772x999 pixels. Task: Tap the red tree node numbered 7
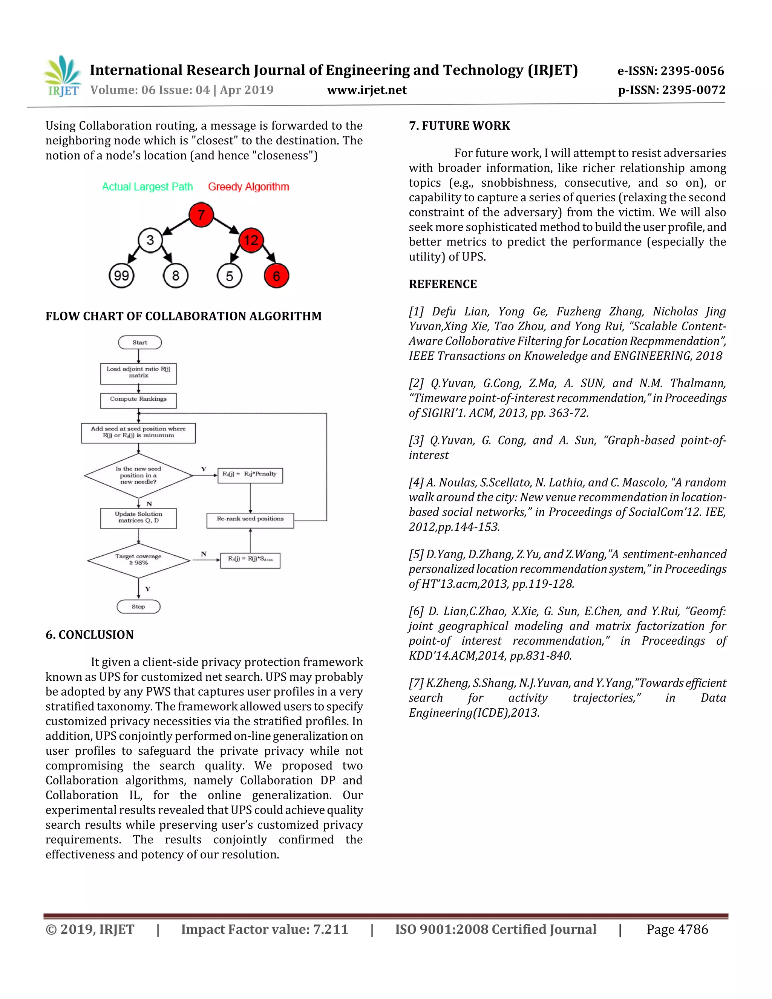pyautogui.click(x=201, y=214)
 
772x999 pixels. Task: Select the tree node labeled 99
pyautogui.click(x=121, y=276)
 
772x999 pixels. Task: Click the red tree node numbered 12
pyautogui.click(x=251, y=240)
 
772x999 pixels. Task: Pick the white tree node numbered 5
pyautogui.click(x=229, y=276)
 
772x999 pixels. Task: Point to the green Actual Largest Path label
pyautogui.click(x=147, y=187)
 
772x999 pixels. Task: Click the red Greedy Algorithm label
pyautogui.click(x=248, y=187)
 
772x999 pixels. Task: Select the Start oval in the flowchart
pyautogui.click(x=139, y=342)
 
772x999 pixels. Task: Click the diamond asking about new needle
pyautogui.click(x=138, y=475)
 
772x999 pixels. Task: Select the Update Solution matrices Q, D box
pyautogui.click(x=138, y=518)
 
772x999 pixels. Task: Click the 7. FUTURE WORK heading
pyautogui.click(x=459, y=126)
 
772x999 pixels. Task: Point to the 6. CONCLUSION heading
pyautogui.click(x=90, y=635)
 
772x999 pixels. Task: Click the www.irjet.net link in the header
pyautogui.click(x=367, y=90)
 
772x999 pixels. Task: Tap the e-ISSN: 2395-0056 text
pyautogui.click(x=671, y=71)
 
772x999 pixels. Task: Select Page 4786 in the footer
pyautogui.click(x=677, y=930)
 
